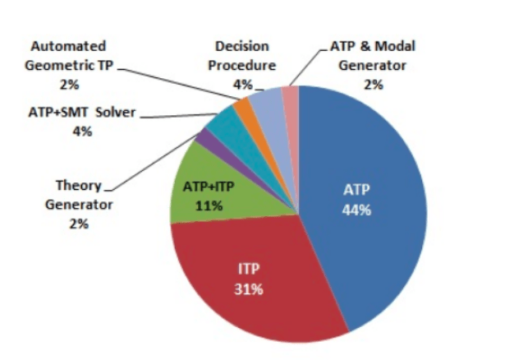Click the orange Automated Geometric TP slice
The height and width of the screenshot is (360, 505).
pos(243,109)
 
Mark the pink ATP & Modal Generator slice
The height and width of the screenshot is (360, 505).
pos(290,98)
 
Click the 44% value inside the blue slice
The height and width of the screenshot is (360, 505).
pos(357,210)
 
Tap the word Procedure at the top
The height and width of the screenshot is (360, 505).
pos(242,65)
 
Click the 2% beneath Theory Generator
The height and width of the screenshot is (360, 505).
pos(78,223)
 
